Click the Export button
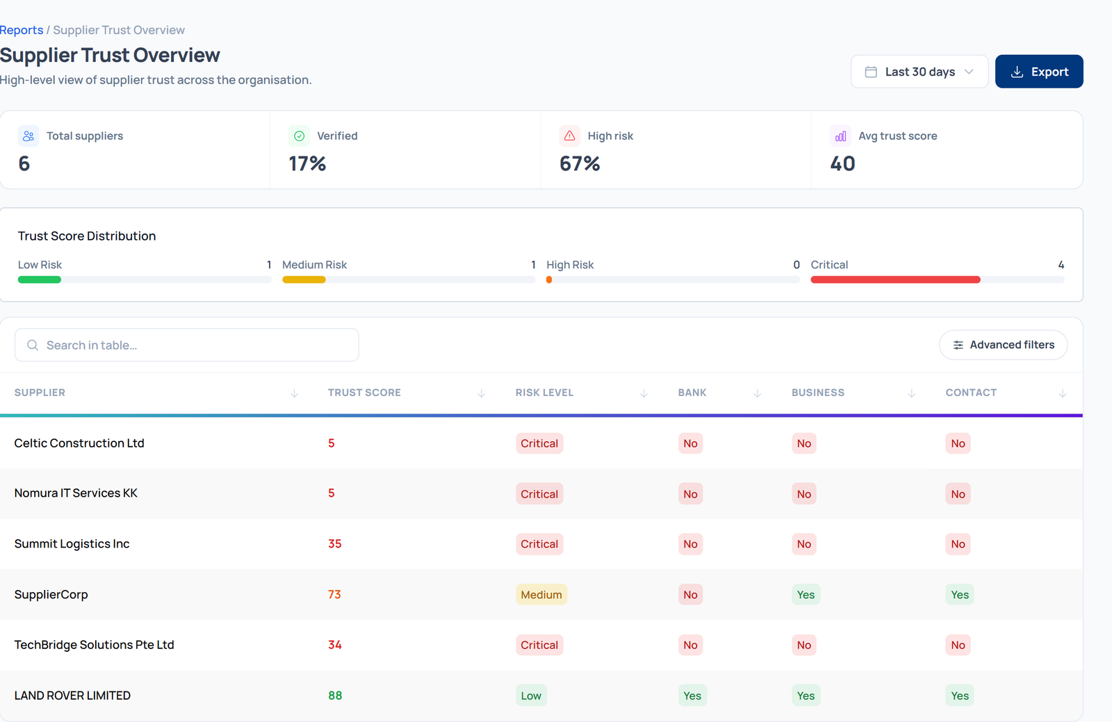click(1039, 72)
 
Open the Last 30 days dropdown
click(919, 72)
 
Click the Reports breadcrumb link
click(22, 30)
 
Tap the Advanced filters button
click(1004, 345)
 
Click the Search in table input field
click(187, 345)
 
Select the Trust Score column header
click(364, 393)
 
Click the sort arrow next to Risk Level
click(644, 393)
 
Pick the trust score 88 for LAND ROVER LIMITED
click(335, 695)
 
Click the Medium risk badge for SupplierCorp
click(541, 594)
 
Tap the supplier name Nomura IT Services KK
click(76, 493)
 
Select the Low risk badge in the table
click(531, 695)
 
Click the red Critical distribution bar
click(896, 280)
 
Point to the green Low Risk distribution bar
click(40, 280)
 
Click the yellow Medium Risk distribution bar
click(304, 280)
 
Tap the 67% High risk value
click(580, 164)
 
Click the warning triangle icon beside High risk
click(569, 136)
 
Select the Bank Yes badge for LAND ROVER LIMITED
click(692, 695)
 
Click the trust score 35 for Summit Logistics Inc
click(334, 544)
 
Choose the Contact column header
click(971, 393)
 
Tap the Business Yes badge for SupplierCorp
click(806, 594)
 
